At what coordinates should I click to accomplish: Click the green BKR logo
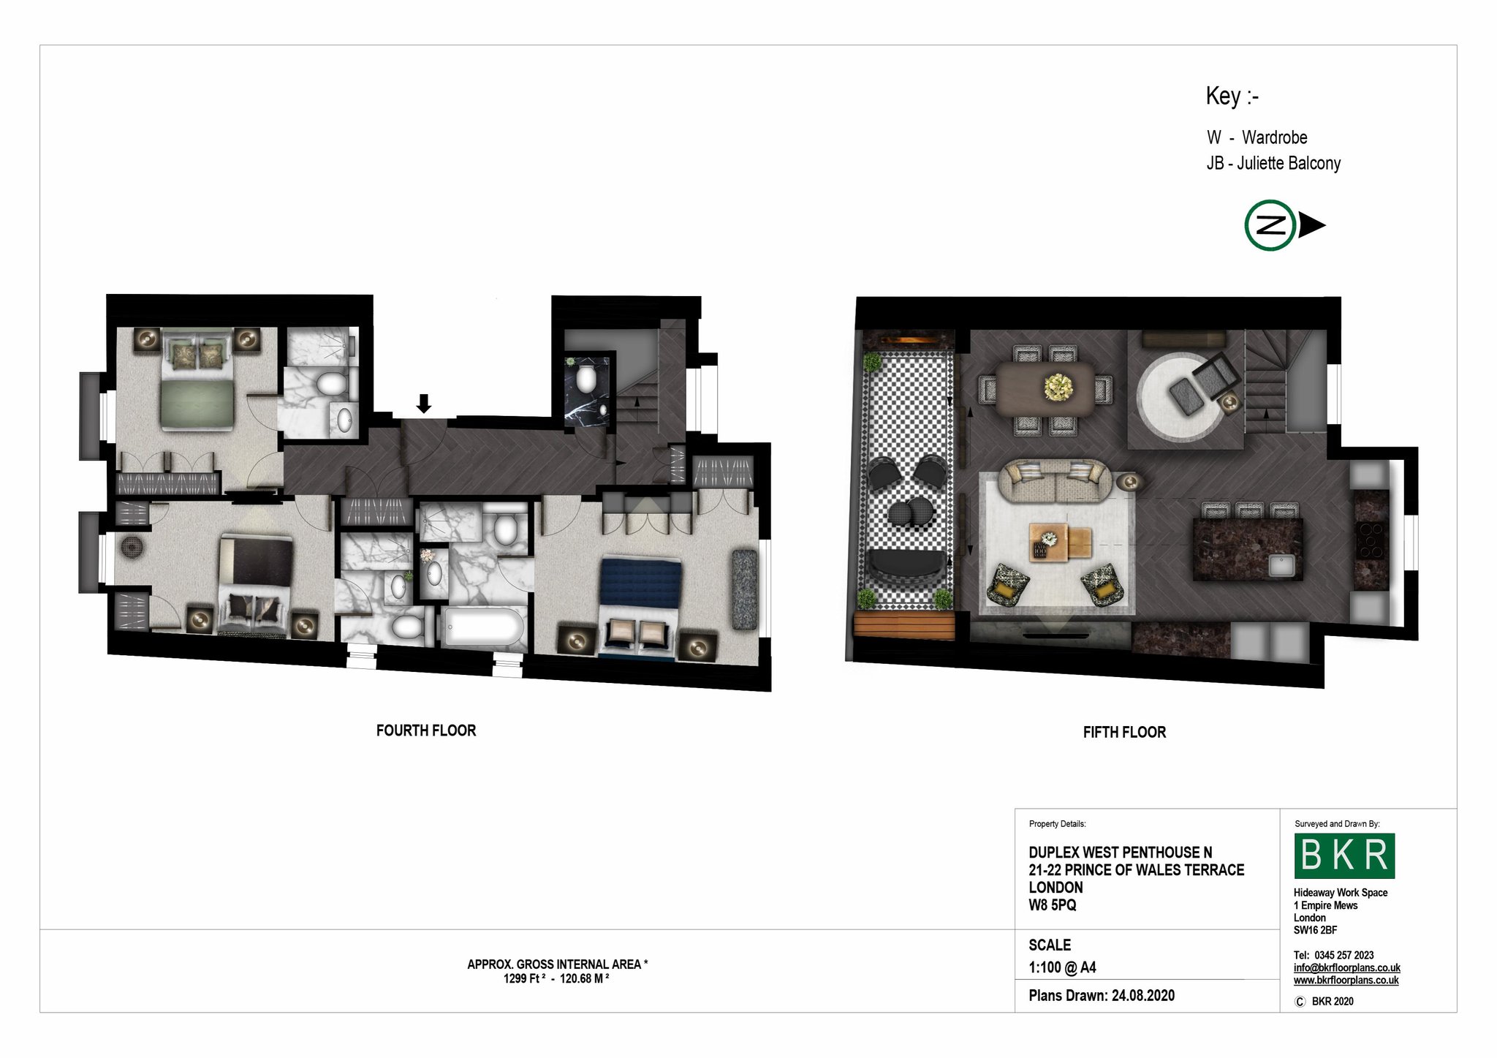tap(1344, 855)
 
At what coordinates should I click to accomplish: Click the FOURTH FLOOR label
tap(425, 730)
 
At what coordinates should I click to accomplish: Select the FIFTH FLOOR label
tap(1124, 732)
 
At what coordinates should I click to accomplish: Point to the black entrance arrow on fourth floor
tap(424, 404)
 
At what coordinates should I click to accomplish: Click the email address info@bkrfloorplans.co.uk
tap(1346, 967)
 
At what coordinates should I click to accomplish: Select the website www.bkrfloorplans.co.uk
tap(1346, 980)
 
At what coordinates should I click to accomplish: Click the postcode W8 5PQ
tap(1052, 905)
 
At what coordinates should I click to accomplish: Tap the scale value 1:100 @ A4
tap(1062, 967)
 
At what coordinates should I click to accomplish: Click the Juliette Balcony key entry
tap(1273, 163)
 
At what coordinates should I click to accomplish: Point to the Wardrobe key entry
tap(1257, 137)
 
